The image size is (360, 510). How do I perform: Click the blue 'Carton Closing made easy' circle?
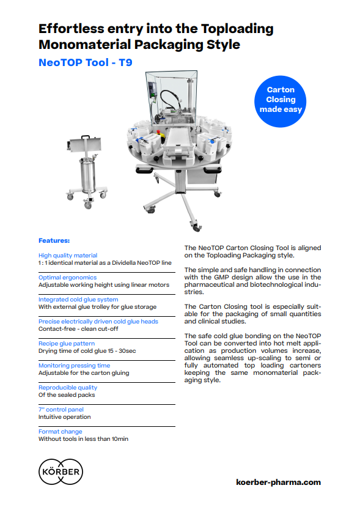pos(281,100)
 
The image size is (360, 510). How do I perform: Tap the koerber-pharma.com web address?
pos(278,482)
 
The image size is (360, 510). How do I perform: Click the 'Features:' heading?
pos(54,240)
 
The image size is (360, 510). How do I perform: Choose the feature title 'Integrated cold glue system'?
pos(78,300)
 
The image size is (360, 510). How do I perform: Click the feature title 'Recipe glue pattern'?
pos(66,344)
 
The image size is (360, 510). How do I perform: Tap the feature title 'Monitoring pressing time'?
pos(74,366)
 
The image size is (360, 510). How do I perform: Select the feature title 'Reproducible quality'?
pos(68,388)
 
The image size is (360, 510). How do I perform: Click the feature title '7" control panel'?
pos(61,410)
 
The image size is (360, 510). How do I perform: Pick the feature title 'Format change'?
pos(60,432)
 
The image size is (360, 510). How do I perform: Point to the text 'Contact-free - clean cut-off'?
pos(78,329)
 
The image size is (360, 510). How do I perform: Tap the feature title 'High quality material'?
pos(68,256)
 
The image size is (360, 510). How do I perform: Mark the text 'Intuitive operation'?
pos(64,417)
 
